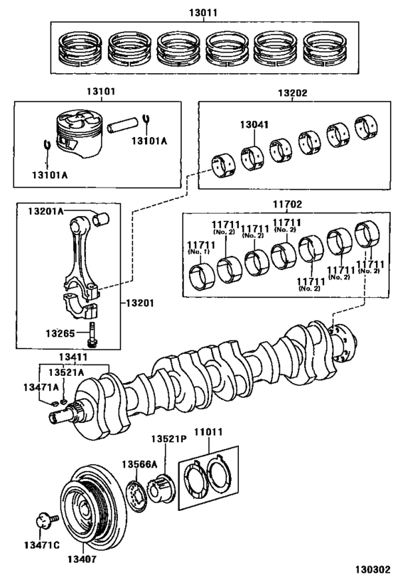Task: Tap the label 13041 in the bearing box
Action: (254, 124)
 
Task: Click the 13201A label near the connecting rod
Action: (45, 211)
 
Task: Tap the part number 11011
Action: (210, 431)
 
